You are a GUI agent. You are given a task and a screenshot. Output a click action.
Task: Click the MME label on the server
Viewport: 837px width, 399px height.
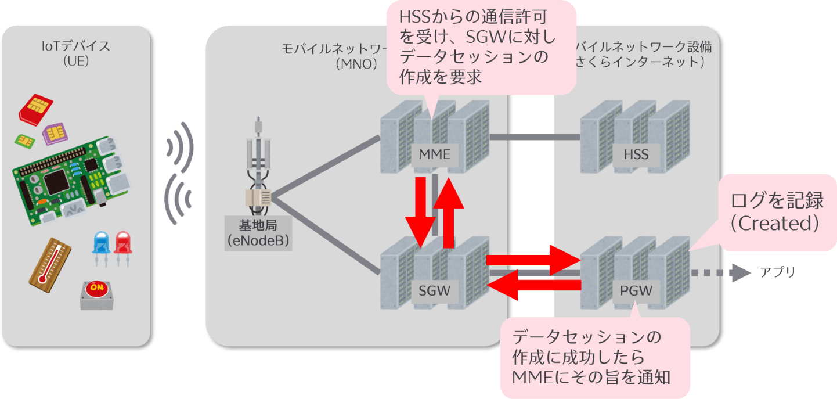pos(435,154)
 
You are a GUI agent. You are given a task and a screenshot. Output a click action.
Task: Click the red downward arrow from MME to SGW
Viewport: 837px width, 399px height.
pos(418,211)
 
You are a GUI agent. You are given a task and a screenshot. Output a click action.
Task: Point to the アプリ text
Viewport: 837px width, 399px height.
pos(777,272)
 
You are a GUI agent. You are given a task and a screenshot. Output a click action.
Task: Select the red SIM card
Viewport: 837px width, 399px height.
pos(36,108)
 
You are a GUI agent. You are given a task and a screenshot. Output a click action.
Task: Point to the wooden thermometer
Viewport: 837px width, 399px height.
pos(50,264)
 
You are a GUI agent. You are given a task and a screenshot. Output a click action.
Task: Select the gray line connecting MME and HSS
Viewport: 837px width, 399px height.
pos(534,137)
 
